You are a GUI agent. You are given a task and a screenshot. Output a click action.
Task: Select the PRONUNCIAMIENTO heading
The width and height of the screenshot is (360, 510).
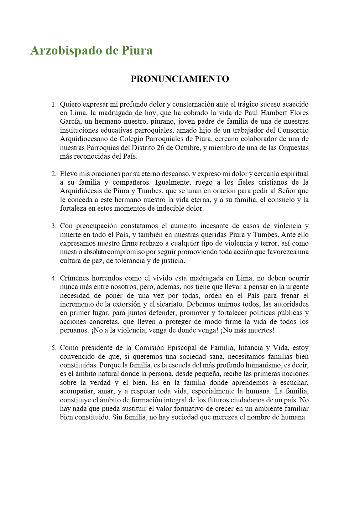pyautogui.click(x=180, y=79)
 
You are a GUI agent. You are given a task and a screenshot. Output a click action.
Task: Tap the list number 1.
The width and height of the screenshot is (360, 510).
pyautogui.click(x=53, y=105)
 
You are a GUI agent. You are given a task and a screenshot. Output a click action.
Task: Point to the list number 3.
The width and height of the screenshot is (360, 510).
pyautogui.click(x=53, y=226)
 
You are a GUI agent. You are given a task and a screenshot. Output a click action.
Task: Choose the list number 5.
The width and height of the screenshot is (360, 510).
pyautogui.click(x=53, y=348)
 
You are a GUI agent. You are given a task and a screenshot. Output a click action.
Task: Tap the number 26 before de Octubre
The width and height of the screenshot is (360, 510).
pyautogui.click(x=160, y=148)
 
